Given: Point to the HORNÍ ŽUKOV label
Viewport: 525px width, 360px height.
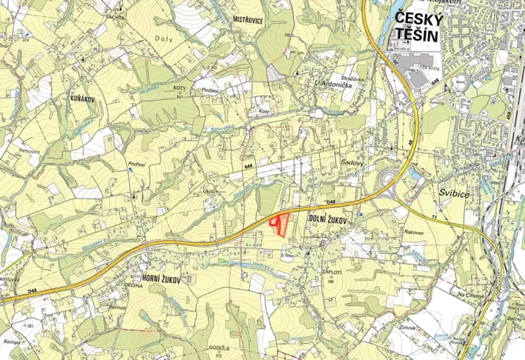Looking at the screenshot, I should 161,279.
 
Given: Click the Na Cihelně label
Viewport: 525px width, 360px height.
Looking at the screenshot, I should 470,295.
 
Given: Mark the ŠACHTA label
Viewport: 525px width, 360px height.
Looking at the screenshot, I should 115,15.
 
